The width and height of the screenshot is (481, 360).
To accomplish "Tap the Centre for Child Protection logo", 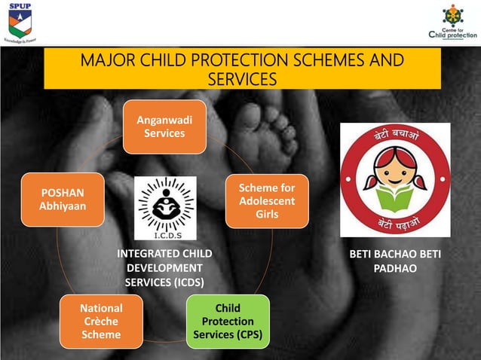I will pos(452,22).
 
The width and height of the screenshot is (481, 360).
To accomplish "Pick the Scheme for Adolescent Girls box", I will pos(267,200).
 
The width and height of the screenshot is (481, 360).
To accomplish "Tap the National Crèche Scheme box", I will pos(101,321).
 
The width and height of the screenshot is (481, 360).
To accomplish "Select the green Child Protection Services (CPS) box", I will pos(228,321).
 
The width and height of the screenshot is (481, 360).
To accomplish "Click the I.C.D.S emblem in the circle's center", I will pos(164,208).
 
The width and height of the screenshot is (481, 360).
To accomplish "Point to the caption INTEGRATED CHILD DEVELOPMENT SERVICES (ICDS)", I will pos(164,268).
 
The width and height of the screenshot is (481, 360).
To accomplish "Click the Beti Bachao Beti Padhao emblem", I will pos(395,180).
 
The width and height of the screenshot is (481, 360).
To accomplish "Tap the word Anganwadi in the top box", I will pos(164,120).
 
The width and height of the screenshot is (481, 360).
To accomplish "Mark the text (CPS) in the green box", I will pos(248,334).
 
